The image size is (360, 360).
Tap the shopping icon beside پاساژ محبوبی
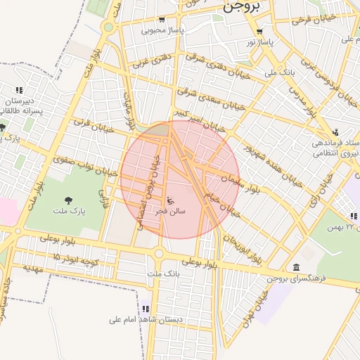click(162, 20)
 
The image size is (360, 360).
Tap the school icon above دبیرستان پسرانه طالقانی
click(19, 90)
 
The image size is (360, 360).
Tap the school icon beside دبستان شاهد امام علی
click(146, 308)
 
